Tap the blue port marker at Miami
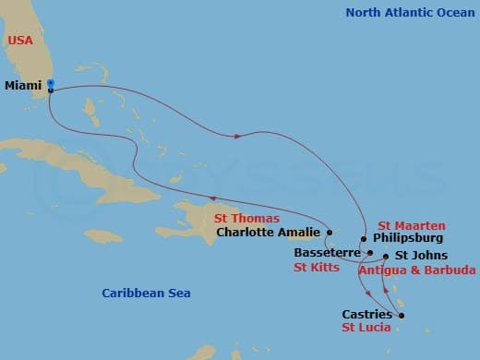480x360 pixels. coord(51,84)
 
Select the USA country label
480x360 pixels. coord(21,42)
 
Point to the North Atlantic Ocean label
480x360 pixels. coord(408,12)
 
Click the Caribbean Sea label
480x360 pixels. coord(146,293)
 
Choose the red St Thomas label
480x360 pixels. coord(247,219)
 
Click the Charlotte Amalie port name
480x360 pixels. coord(268,234)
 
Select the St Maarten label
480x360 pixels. coord(412,225)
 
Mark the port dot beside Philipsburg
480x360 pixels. coord(364,239)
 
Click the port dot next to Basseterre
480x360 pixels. coord(369,252)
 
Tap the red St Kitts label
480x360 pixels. coord(316,268)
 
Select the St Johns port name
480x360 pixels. coord(421,255)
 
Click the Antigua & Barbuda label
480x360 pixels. coord(416,270)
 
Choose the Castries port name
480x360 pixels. coord(366,314)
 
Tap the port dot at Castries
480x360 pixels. coord(402,315)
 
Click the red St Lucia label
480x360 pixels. coord(366,328)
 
